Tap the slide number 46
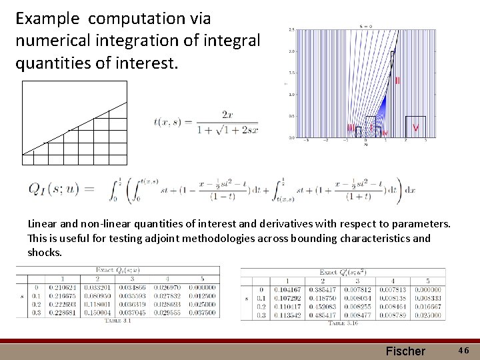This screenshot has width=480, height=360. tap(463, 350)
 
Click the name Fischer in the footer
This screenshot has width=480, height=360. tap(405, 351)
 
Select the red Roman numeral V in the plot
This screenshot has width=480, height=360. tap(416, 127)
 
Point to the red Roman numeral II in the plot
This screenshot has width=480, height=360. tap(397, 80)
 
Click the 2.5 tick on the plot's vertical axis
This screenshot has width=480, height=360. tap(291, 30)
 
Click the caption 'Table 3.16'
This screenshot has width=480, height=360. tap(342, 323)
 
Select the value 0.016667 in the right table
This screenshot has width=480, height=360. tap(427, 307)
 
